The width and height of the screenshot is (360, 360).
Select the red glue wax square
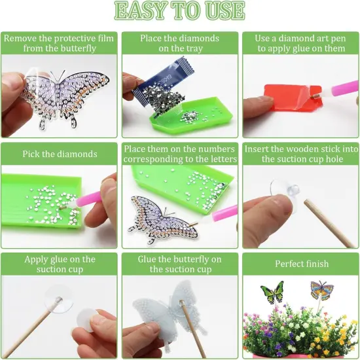(293, 98)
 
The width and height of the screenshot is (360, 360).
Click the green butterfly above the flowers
(272, 292)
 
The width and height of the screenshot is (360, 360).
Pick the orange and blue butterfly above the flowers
(322, 291)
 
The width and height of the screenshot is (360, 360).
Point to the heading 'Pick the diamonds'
(60, 154)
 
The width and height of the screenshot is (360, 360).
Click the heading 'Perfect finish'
(302, 264)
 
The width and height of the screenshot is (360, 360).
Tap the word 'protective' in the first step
(71, 39)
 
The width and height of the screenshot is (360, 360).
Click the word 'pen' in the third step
(338, 39)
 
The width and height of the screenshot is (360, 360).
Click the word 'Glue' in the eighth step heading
(147, 259)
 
